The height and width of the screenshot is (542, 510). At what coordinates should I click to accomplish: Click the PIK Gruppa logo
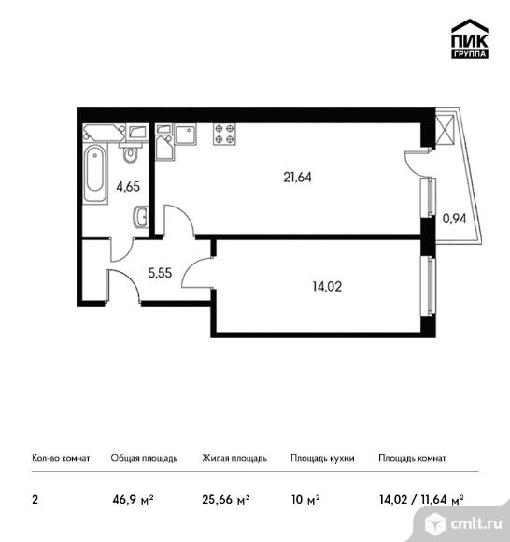click(470, 38)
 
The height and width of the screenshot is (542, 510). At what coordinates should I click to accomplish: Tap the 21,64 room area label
click(297, 178)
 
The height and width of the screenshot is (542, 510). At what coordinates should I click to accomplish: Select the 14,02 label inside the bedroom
click(327, 287)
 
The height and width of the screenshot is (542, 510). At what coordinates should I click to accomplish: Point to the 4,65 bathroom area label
click(128, 187)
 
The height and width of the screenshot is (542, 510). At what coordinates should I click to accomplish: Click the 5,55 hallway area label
click(160, 273)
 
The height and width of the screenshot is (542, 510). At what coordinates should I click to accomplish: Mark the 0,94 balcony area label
click(455, 219)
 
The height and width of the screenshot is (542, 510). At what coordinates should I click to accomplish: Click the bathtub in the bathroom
click(95, 173)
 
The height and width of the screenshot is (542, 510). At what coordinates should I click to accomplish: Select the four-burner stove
click(224, 135)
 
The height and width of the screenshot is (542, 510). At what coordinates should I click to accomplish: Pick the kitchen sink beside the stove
click(186, 135)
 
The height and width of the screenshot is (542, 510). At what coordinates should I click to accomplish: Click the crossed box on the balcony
click(445, 130)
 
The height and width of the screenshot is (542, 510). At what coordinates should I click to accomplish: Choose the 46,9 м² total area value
click(133, 500)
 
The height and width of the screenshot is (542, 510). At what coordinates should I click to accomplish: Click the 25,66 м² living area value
click(226, 500)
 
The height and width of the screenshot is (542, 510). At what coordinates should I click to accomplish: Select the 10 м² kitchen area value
click(305, 500)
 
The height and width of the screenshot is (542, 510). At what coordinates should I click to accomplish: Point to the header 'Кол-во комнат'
click(61, 458)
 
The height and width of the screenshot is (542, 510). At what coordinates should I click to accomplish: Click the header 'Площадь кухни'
click(322, 458)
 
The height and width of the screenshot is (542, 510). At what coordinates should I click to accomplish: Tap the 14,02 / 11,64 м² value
click(421, 500)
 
